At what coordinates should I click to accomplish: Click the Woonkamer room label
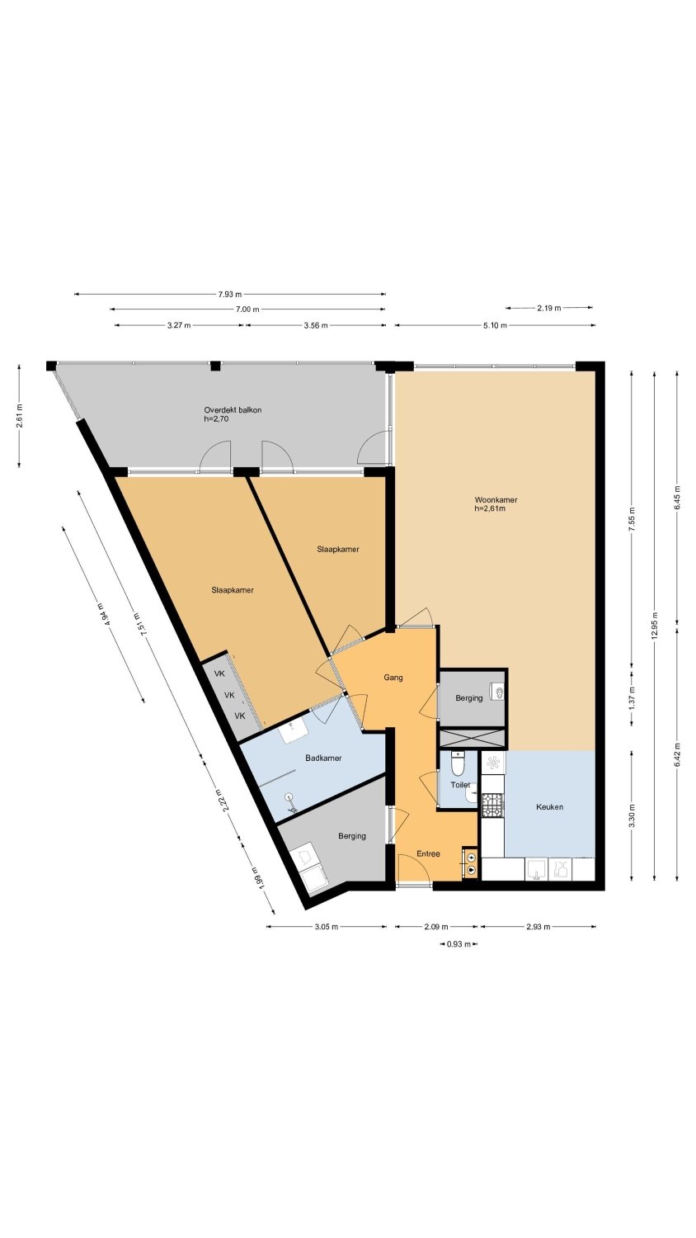496,500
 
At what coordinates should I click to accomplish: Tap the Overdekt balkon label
233,410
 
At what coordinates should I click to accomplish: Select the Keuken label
549,807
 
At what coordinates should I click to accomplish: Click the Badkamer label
323,758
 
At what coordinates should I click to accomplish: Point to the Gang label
393,678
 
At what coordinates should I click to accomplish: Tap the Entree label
428,853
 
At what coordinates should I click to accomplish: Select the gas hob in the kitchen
492,806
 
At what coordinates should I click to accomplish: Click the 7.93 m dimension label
230,294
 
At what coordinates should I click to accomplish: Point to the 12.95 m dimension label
655,626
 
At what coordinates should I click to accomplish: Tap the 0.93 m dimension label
459,944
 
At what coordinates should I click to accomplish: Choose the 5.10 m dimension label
495,325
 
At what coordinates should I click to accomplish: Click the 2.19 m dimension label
549,308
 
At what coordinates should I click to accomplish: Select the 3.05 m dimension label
326,927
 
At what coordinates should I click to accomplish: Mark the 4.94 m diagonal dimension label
103,613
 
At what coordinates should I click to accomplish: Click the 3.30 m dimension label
632,815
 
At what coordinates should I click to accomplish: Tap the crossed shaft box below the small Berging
472,738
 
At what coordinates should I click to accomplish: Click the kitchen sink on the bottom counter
536,869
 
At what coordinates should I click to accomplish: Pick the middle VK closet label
230,695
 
